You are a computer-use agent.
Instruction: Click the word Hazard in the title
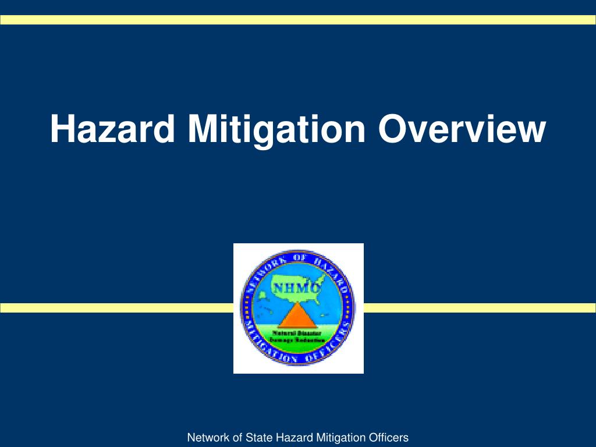pos(112,129)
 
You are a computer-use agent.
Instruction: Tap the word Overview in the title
pos(462,129)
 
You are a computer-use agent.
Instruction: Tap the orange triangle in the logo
pos(297,317)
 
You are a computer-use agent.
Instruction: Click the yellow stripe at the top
pos(298,20)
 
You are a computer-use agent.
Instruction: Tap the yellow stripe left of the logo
pos(116,308)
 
